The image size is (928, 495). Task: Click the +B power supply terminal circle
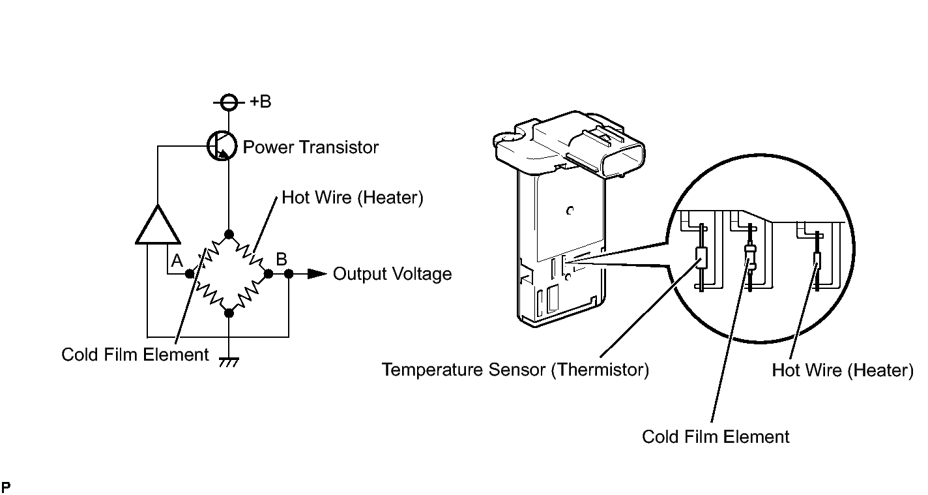[x=229, y=102]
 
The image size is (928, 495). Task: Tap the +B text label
[x=260, y=101]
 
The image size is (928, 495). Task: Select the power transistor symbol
[x=222, y=145]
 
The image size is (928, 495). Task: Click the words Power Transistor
[x=311, y=147]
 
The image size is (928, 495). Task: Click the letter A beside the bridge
[x=177, y=260]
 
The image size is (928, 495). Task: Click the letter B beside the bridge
[x=282, y=259]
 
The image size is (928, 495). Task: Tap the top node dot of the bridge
[x=229, y=235]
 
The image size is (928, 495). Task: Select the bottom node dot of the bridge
[x=229, y=313]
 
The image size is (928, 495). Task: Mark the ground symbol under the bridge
[x=229, y=362]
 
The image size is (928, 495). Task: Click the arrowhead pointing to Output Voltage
[x=317, y=274]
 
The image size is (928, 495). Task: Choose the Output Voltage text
[x=392, y=274]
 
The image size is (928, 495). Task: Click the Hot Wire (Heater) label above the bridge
[x=353, y=198]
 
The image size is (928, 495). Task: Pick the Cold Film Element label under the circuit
[x=135, y=355]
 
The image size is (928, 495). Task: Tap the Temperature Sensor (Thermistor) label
[x=515, y=369]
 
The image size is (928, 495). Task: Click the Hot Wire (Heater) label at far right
[x=843, y=370]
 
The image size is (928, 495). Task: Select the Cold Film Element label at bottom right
[x=716, y=436]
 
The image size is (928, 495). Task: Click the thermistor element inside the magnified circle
[x=701, y=258]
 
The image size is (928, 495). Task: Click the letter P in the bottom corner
[x=6, y=487]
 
